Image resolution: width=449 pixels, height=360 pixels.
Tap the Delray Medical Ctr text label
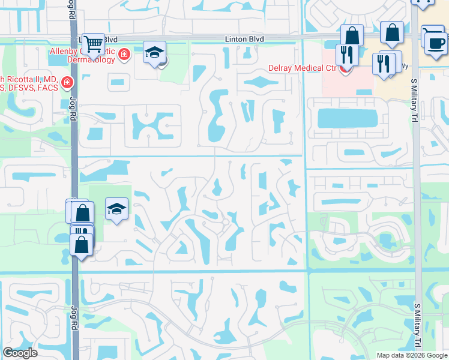click(x=302, y=68)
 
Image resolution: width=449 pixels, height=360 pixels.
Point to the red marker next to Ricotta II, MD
click(x=68, y=82)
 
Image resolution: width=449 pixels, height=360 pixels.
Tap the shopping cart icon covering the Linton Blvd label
click(x=92, y=43)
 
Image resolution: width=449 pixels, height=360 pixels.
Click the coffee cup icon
click(x=435, y=42)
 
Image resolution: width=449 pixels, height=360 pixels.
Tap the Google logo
click(x=20, y=353)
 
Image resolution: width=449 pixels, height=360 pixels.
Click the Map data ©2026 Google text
click(x=411, y=355)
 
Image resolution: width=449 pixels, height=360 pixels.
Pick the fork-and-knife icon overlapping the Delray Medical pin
click(x=347, y=55)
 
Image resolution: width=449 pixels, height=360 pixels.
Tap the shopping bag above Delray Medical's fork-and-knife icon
click(x=352, y=35)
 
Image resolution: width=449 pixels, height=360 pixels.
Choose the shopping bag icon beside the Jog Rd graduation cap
click(x=83, y=212)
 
